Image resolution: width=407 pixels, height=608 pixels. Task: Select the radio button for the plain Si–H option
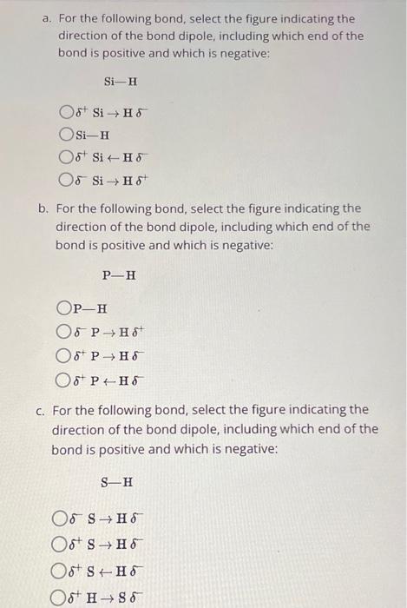66,135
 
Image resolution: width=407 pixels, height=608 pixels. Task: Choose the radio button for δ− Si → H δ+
66,181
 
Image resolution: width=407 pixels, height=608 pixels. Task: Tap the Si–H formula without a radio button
121,83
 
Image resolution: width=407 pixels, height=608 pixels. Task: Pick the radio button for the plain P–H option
63,307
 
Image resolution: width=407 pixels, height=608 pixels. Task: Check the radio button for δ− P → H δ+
63,331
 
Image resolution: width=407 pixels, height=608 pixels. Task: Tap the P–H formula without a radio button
119,275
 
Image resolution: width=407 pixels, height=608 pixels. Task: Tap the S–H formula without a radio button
117,482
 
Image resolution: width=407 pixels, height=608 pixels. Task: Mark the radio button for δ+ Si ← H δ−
66,158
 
